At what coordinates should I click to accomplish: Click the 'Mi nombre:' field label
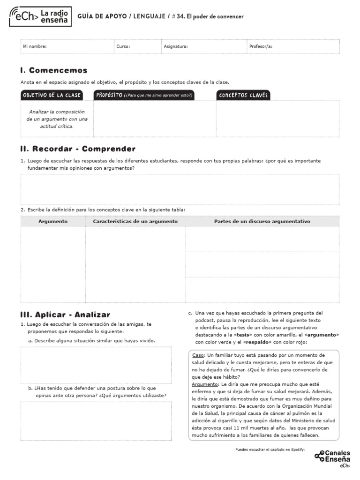tap(35, 47)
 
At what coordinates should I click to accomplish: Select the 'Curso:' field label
tap(123, 47)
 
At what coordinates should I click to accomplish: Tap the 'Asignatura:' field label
tap(176, 47)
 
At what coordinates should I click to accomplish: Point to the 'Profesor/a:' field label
tap(261, 47)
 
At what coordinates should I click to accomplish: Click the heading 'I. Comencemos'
tap(54, 71)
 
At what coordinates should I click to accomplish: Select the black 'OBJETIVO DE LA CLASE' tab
tap(51, 95)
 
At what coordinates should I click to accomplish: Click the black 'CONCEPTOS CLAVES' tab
tap(243, 95)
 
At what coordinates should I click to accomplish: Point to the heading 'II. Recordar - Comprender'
tap(78, 149)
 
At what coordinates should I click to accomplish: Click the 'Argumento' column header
tap(53, 221)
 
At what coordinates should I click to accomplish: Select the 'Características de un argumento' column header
tap(135, 221)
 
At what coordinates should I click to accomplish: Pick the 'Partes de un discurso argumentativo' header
tap(262, 221)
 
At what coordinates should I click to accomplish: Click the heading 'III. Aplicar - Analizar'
tap(65, 315)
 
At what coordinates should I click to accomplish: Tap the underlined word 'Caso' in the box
tap(198, 355)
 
